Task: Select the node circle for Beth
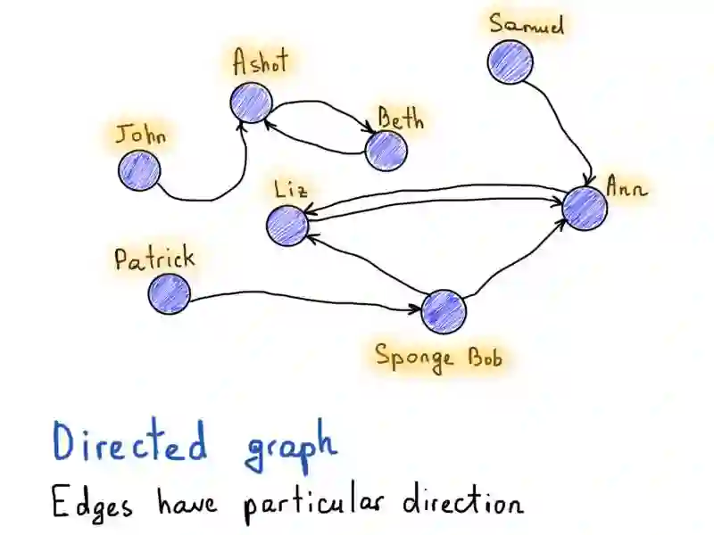pyautogui.click(x=386, y=150)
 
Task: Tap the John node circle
pyautogui.click(x=138, y=169)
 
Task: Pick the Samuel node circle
pyautogui.click(x=511, y=62)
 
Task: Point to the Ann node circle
pyautogui.click(x=585, y=208)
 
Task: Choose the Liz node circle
pyautogui.click(x=287, y=225)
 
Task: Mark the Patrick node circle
pyautogui.click(x=169, y=293)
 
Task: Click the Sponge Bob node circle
pyautogui.click(x=444, y=310)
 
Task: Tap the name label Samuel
pyautogui.click(x=527, y=24)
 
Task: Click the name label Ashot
pyautogui.click(x=262, y=63)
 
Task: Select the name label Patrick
pyautogui.click(x=154, y=259)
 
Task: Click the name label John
pyautogui.click(x=142, y=136)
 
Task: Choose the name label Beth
pyautogui.click(x=401, y=119)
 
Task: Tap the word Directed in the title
pyautogui.click(x=129, y=443)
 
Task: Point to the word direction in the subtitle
pyautogui.click(x=463, y=503)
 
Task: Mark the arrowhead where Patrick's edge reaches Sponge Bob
pyautogui.click(x=417, y=310)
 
